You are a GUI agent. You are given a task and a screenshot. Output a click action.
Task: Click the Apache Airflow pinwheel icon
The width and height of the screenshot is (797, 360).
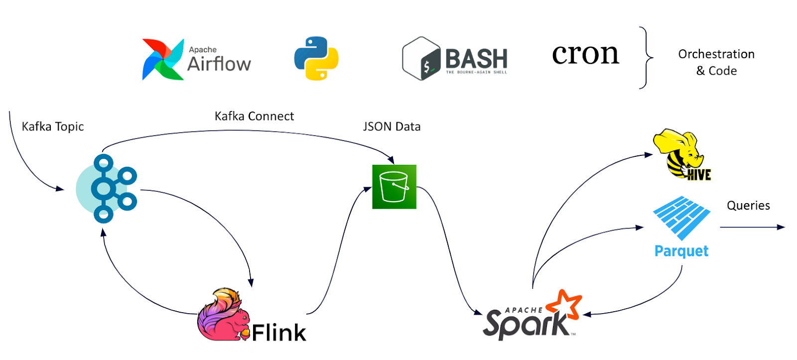click(x=162, y=59)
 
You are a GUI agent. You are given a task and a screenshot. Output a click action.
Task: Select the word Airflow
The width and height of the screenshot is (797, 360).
click(x=219, y=64)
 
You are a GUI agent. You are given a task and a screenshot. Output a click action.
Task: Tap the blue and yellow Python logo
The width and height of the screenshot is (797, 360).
click(x=316, y=58)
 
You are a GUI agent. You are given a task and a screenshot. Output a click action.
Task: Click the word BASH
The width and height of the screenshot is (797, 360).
click(x=476, y=59)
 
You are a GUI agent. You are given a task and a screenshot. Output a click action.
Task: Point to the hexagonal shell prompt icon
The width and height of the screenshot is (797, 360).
click(x=421, y=59)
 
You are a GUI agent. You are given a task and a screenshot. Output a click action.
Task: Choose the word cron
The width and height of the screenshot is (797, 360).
click(x=585, y=54)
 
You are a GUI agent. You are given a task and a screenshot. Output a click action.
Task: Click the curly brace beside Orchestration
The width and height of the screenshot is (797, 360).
click(x=646, y=58)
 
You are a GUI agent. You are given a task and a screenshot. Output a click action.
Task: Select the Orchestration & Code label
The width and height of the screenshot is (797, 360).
click(x=716, y=62)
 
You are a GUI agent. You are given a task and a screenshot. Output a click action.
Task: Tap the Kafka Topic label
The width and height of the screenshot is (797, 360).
click(x=53, y=126)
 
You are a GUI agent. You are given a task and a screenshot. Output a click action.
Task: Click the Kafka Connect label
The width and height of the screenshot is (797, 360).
click(x=254, y=116)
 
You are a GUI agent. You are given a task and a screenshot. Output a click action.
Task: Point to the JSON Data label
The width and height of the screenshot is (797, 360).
click(x=392, y=126)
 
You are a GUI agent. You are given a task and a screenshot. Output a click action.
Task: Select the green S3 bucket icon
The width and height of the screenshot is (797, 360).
click(x=394, y=187)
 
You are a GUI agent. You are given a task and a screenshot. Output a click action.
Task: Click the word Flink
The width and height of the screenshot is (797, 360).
click(x=278, y=333)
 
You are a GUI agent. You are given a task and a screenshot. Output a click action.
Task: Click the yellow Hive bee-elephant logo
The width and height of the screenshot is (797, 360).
click(x=681, y=154)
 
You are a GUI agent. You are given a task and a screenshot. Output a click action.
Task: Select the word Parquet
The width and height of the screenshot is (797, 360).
click(x=681, y=251)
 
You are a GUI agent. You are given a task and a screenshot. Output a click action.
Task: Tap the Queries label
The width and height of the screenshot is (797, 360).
click(x=748, y=205)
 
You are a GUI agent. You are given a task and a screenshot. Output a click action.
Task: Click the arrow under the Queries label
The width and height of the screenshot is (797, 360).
click(x=752, y=227)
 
